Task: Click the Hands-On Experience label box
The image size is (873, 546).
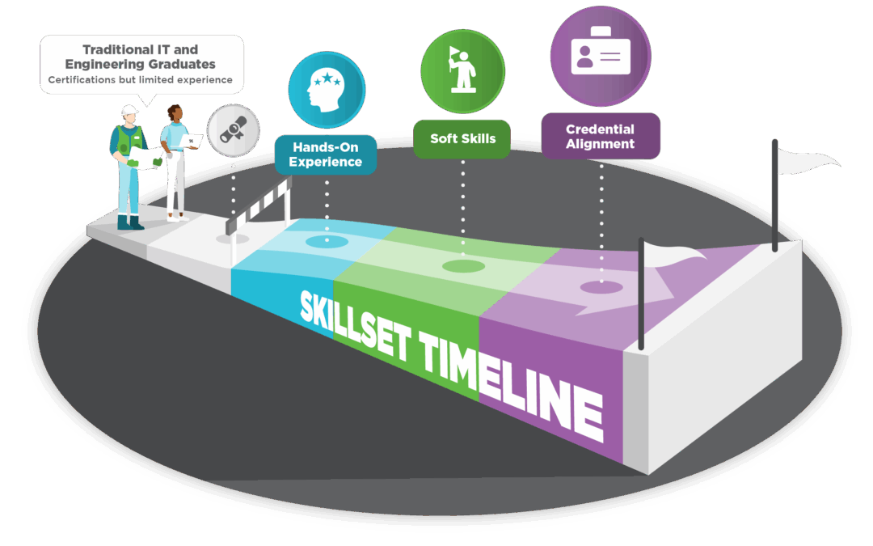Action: (x=326, y=154)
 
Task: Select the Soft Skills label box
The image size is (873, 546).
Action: (x=462, y=138)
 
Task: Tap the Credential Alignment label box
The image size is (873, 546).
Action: (x=601, y=136)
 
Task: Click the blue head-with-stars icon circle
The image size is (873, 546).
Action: (x=327, y=90)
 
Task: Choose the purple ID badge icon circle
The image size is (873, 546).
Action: (x=601, y=56)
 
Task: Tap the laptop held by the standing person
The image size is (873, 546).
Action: (x=192, y=142)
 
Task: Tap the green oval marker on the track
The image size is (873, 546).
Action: (x=463, y=266)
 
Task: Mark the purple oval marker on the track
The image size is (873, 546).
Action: (x=601, y=286)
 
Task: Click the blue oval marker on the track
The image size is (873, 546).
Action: (x=327, y=241)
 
